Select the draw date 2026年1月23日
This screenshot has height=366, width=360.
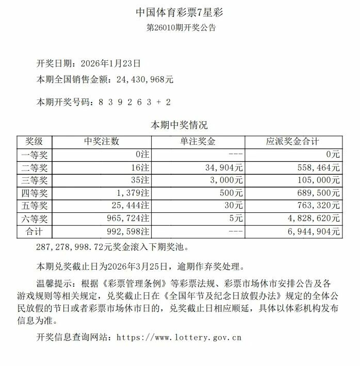coord(111,63)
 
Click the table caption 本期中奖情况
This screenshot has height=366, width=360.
coord(178,125)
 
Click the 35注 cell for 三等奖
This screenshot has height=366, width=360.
coord(141,180)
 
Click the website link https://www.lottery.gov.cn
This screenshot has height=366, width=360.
coord(179,338)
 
